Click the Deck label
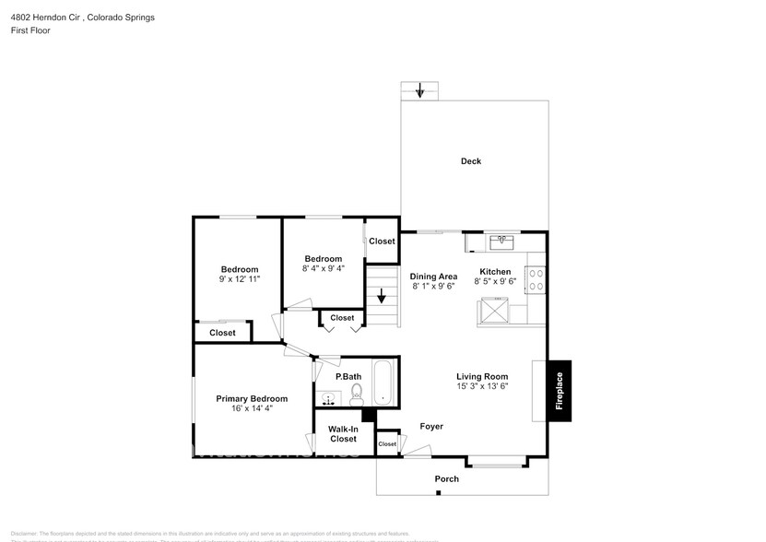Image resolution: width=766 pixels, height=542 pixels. (x=471, y=161)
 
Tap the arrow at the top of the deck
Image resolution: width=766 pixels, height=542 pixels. (x=420, y=91)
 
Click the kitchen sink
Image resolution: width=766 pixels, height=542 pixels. (x=501, y=242)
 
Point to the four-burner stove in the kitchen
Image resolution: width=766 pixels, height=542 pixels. (x=535, y=279)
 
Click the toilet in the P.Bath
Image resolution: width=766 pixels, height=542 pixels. (x=357, y=395)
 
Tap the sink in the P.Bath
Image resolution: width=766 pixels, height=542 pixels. (x=328, y=398)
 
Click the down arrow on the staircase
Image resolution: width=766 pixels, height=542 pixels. (x=382, y=298)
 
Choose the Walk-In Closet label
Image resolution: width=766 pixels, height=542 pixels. (x=344, y=434)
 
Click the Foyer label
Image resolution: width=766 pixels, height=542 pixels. (x=431, y=427)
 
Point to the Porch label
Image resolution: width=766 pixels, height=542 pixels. (x=447, y=479)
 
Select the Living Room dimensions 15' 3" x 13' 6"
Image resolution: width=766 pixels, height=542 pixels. (x=482, y=387)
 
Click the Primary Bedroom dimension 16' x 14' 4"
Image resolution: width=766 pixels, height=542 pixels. (x=252, y=409)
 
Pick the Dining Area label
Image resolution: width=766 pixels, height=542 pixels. (x=434, y=276)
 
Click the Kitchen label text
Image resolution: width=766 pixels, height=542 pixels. (x=495, y=272)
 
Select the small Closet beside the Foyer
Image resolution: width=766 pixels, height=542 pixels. (x=387, y=443)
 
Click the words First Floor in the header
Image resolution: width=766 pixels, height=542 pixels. (x=31, y=30)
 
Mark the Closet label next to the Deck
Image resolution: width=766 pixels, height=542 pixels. (x=382, y=242)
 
